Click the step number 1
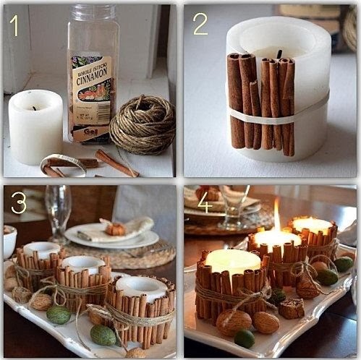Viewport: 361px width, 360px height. click(14, 26)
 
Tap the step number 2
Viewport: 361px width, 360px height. click(200, 25)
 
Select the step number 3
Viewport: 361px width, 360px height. click(19, 203)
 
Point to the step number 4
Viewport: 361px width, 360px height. click(205, 202)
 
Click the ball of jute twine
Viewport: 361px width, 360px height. click(142, 124)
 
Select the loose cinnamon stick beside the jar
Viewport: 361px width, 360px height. click(116, 163)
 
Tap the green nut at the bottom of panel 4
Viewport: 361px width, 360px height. click(245, 338)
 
